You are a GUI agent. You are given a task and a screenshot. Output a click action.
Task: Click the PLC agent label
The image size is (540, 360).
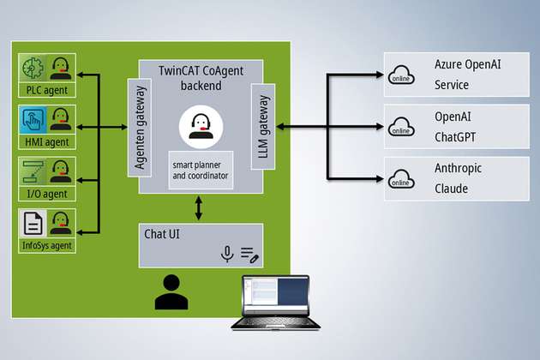47,90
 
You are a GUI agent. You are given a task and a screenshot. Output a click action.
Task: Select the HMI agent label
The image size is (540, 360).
47,141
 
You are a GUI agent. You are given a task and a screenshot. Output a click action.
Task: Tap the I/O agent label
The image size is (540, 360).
47,194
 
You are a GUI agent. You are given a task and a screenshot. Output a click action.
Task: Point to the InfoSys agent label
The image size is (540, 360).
47,246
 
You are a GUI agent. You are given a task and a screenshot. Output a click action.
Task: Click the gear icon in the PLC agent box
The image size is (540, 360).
34,68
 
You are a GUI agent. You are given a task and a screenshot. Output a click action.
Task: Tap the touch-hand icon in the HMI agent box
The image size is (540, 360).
34,119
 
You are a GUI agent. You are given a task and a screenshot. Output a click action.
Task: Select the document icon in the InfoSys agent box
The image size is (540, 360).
34,224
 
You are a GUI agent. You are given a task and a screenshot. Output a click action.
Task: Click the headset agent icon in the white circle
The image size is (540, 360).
198,125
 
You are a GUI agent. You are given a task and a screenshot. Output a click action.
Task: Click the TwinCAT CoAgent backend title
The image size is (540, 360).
201,78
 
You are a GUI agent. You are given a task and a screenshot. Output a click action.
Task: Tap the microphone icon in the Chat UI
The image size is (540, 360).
227,254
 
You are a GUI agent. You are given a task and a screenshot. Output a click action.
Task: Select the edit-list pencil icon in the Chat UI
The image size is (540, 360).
249,254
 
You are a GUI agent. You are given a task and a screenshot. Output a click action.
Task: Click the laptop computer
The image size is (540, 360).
275,302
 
